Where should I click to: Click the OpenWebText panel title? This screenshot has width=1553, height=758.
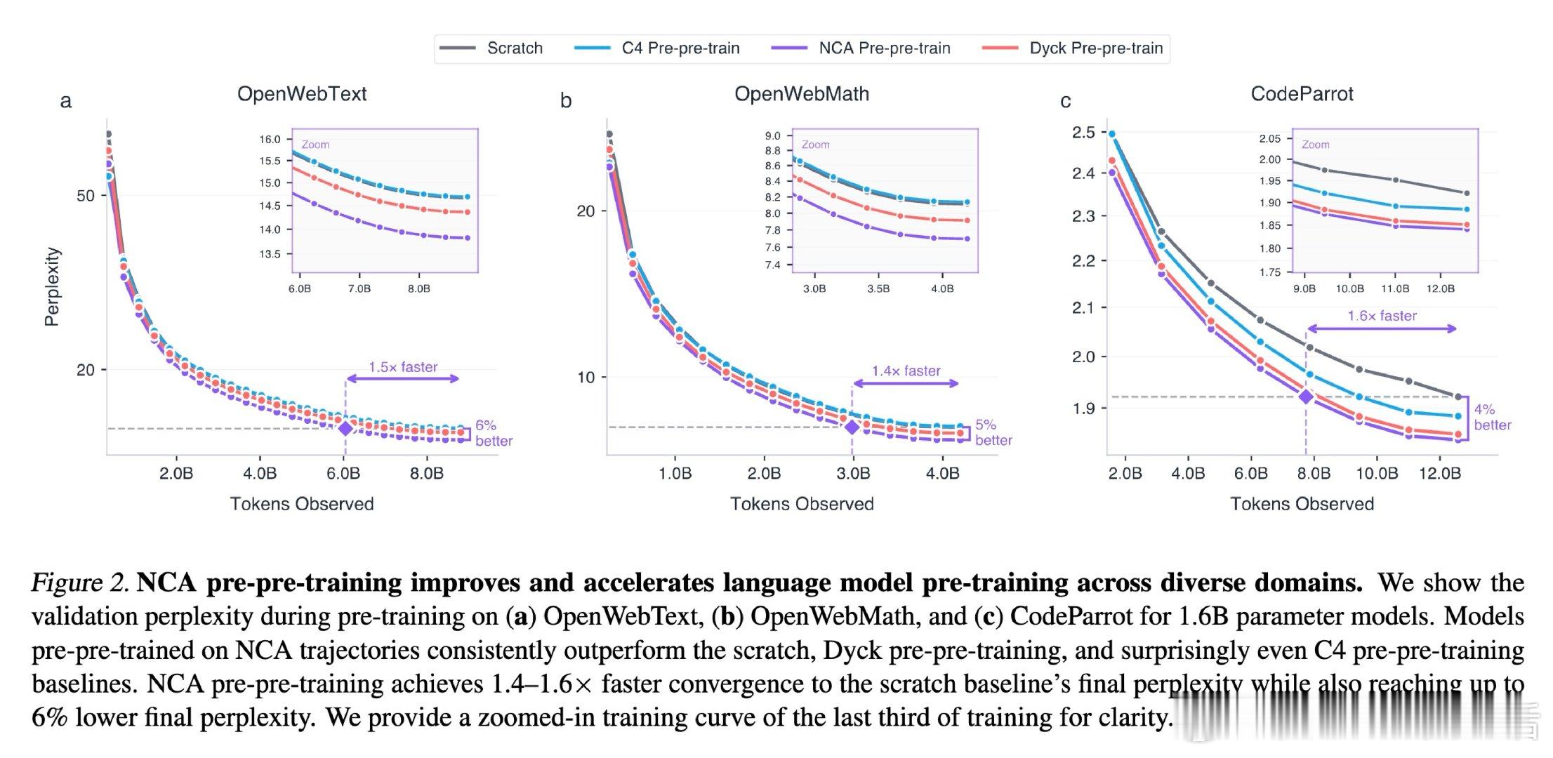[302, 94]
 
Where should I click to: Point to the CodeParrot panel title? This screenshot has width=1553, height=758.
[1302, 94]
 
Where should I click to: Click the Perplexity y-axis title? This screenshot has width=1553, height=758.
[52, 287]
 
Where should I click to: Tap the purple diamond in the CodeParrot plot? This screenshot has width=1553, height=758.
[1306, 397]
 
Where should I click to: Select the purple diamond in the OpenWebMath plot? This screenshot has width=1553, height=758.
[852, 427]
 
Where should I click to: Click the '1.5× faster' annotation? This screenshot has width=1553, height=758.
[403, 367]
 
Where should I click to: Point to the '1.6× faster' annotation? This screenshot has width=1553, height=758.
[1382, 316]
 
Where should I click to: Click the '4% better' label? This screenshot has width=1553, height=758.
[1491, 418]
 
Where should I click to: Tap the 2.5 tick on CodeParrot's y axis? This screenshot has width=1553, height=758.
[1083, 133]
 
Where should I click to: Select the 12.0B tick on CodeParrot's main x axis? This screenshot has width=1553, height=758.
[1439, 474]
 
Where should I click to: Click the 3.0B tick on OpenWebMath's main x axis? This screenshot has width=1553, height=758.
[852, 474]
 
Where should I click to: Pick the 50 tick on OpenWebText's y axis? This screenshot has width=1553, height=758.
[86, 196]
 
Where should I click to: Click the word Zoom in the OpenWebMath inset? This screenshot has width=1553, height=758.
[815, 145]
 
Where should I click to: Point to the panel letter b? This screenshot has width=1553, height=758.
[566, 101]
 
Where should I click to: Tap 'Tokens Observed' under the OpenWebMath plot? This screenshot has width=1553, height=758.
[802, 504]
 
